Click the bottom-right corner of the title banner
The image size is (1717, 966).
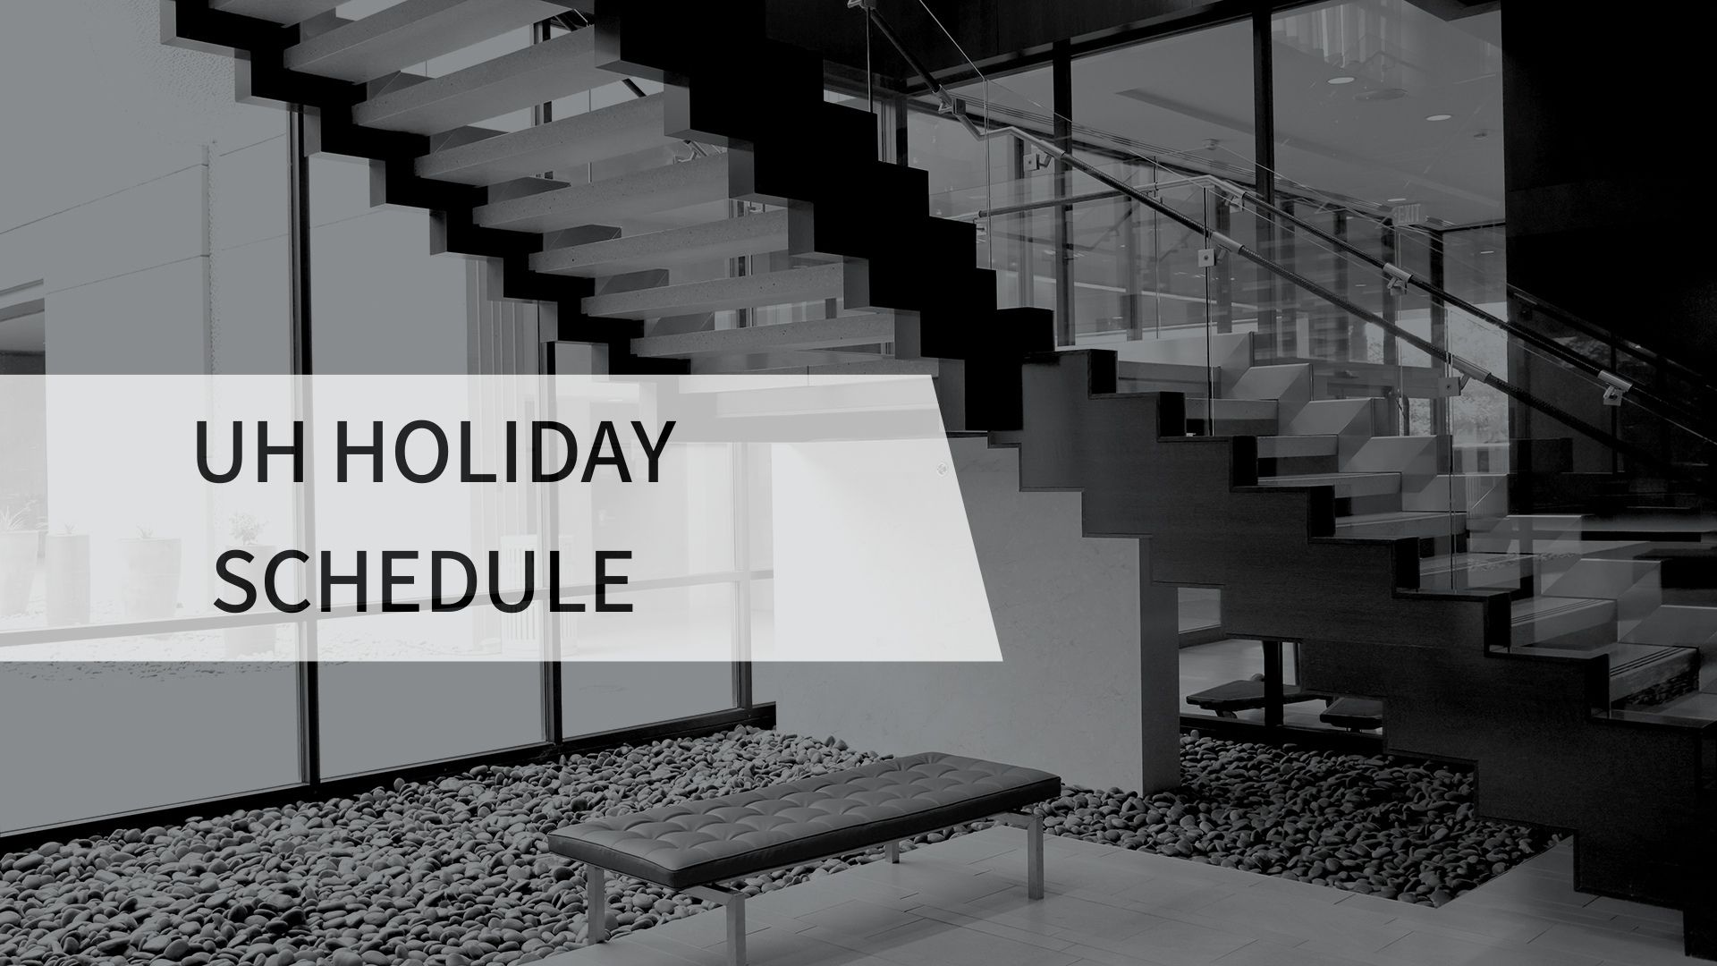point(1001,660)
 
